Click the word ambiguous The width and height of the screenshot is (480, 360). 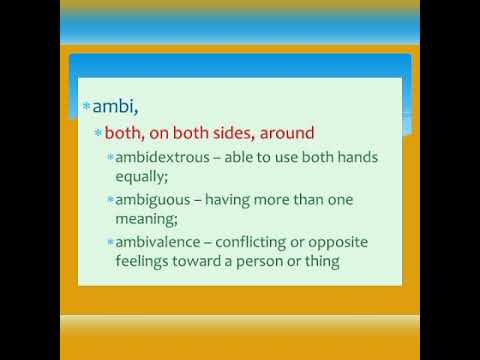click(157, 200)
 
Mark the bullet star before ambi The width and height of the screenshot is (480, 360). click(86, 105)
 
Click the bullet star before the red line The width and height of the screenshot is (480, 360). click(98, 132)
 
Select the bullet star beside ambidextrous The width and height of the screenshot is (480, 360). click(110, 158)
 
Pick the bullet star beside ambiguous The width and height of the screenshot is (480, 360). click(110, 200)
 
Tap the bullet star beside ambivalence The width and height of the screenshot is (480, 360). click(110, 243)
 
